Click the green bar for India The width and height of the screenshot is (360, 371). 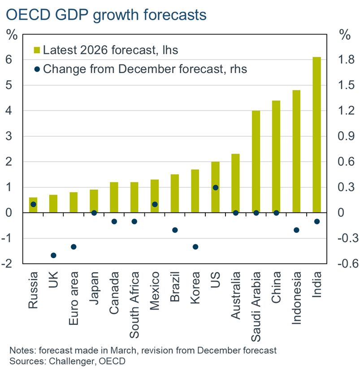click(x=317, y=134)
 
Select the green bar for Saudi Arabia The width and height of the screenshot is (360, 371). click(x=256, y=161)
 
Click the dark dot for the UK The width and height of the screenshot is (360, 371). click(x=53, y=255)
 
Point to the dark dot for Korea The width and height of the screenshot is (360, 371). click(x=195, y=247)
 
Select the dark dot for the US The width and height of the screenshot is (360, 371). click(x=216, y=187)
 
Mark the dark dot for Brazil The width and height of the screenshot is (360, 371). click(x=175, y=230)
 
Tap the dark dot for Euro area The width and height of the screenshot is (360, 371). click(x=74, y=247)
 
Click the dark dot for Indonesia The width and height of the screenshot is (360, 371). click(x=296, y=230)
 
